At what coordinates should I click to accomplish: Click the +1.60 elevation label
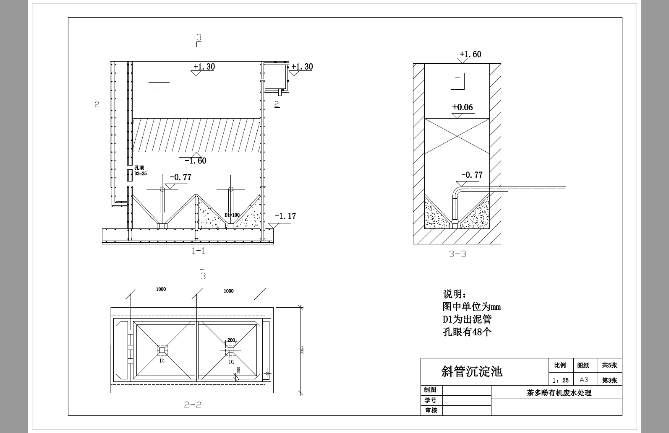[x=470, y=54]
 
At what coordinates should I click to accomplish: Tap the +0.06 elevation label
[x=463, y=107]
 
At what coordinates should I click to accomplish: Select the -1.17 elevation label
[x=285, y=216]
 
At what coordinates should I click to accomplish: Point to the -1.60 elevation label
[x=196, y=161]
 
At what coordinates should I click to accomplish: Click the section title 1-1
[x=198, y=251]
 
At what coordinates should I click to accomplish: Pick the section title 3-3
[x=457, y=254]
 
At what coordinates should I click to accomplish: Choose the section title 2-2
[x=193, y=405]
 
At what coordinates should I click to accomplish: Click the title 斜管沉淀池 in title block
[x=472, y=371]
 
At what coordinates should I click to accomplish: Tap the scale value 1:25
[x=561, y=380]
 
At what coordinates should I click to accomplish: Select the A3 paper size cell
[x=584, y=380]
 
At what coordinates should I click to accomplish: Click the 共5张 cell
[x=609, y=366]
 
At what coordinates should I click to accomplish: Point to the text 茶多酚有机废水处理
[x=559, y=393]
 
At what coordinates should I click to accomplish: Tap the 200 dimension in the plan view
[x=231, y=340]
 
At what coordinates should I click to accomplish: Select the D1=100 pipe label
[x=232, y=215]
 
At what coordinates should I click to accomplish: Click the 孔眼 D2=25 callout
[x=140, y=171]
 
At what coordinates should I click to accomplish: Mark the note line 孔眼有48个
[x=467, y=332]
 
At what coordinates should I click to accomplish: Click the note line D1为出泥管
[x=467, y=319]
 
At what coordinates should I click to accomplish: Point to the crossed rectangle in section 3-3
[x=457, y=136]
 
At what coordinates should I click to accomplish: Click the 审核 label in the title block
[x=431, y=410]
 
